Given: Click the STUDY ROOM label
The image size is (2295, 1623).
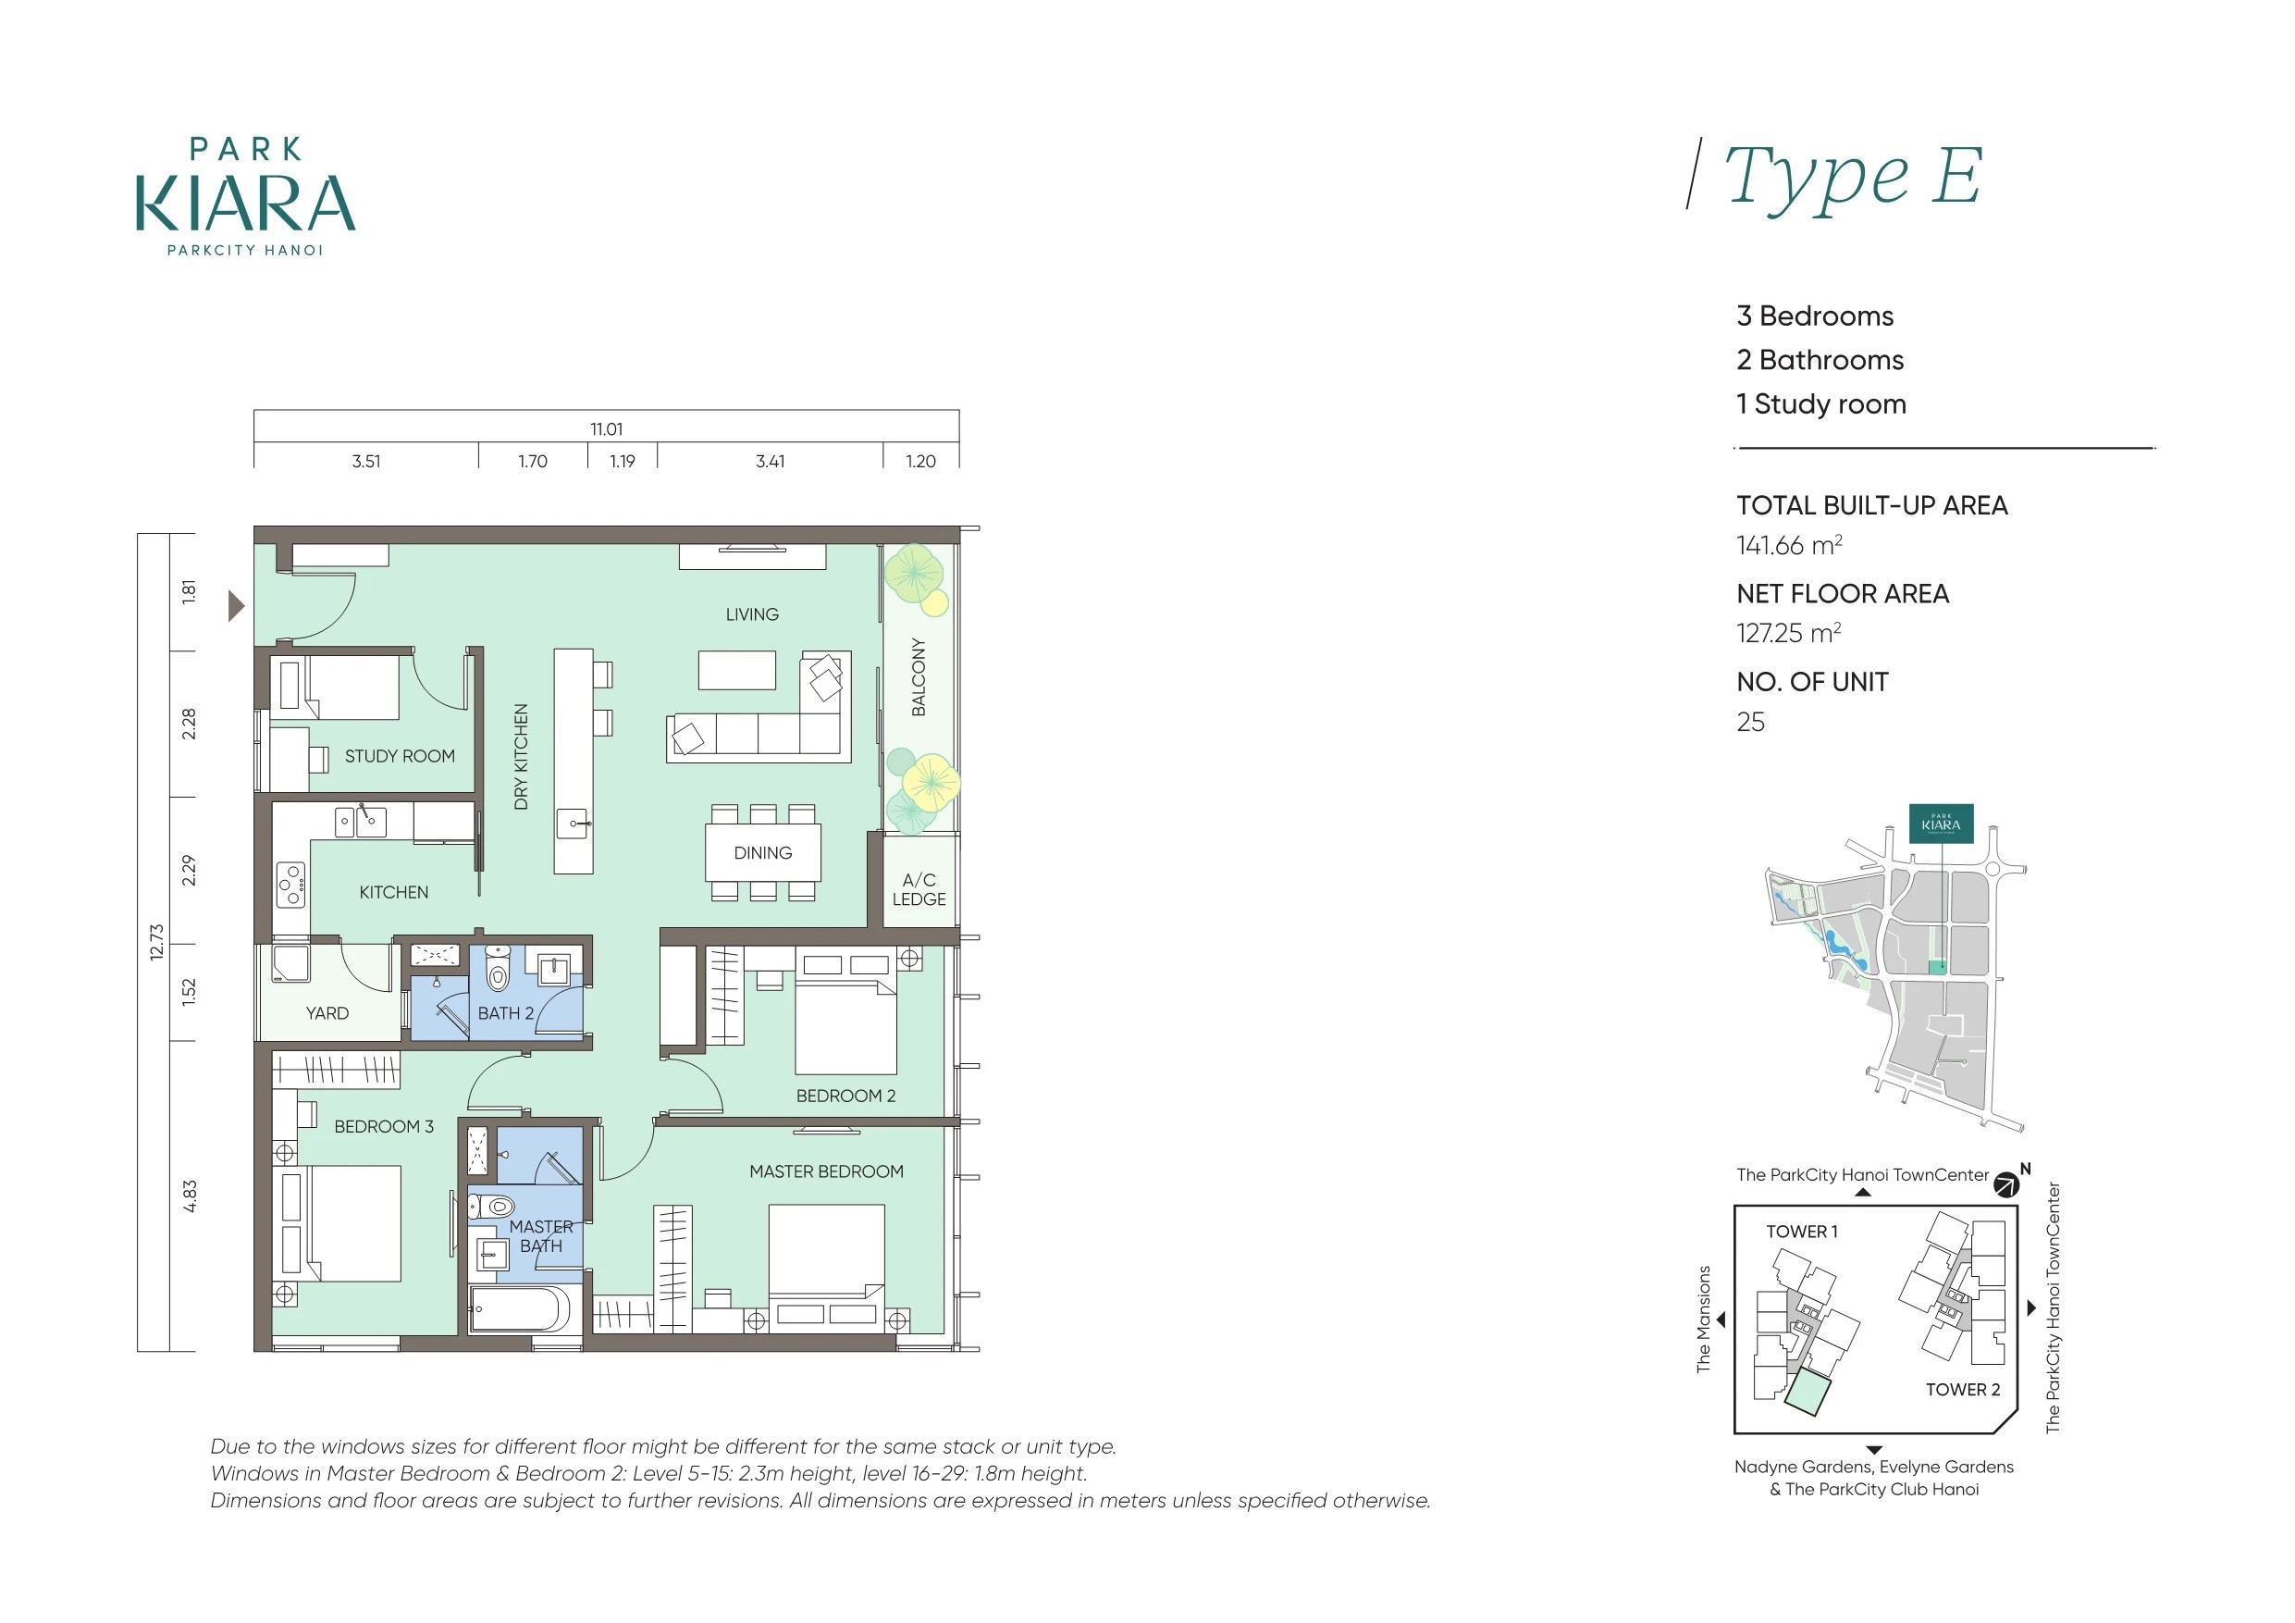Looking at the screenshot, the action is click(400, 756).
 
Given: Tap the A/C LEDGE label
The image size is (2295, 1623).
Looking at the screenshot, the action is click(919, 889).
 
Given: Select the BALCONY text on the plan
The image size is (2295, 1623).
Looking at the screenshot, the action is click(919, 677).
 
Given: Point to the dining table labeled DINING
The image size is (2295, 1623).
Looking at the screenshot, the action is click(762, 853).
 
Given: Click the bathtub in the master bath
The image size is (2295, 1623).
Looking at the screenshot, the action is click(520, 1309).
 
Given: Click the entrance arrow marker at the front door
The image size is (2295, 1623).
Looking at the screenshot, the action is click(237, 606).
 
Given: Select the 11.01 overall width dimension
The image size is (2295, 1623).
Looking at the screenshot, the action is click(607, 429).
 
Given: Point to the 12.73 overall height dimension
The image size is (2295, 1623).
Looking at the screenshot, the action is click(156, 942).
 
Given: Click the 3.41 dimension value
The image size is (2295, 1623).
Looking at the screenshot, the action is click(770, 461).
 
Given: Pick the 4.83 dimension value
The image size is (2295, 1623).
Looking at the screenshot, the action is click(189, 1196).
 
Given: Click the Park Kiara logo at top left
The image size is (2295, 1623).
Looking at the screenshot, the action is click(246, 197).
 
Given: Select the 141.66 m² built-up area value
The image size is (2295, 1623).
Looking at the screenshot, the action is click(1789, 545).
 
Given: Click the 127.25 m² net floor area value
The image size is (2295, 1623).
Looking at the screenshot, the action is click(1789, 633).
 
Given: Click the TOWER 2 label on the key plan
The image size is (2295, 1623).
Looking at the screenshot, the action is click(1963, 1389).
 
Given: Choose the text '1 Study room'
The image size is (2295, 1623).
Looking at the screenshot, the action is click(1821, 404).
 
